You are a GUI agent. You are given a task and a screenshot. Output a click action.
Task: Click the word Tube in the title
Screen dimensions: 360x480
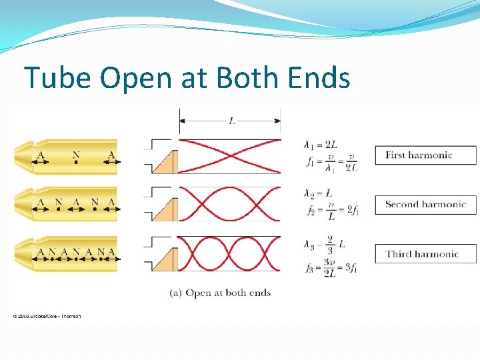[x=58, y=77]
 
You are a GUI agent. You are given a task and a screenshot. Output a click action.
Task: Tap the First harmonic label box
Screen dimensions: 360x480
[x=426, y=155]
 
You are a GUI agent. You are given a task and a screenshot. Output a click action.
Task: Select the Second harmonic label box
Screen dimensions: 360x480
[x=426, y=205]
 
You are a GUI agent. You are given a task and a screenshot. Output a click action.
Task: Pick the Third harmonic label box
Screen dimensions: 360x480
[x=426, y=254]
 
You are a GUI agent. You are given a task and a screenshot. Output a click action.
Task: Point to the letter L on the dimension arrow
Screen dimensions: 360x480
[x=231, y=121]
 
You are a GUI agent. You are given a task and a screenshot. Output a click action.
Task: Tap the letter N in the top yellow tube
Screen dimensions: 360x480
[x=76, y=156]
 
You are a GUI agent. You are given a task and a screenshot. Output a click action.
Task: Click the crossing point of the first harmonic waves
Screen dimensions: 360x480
[x=229, y=155]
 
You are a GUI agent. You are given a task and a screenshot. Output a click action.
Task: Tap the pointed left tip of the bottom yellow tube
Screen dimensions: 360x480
[x=16, y=254]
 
